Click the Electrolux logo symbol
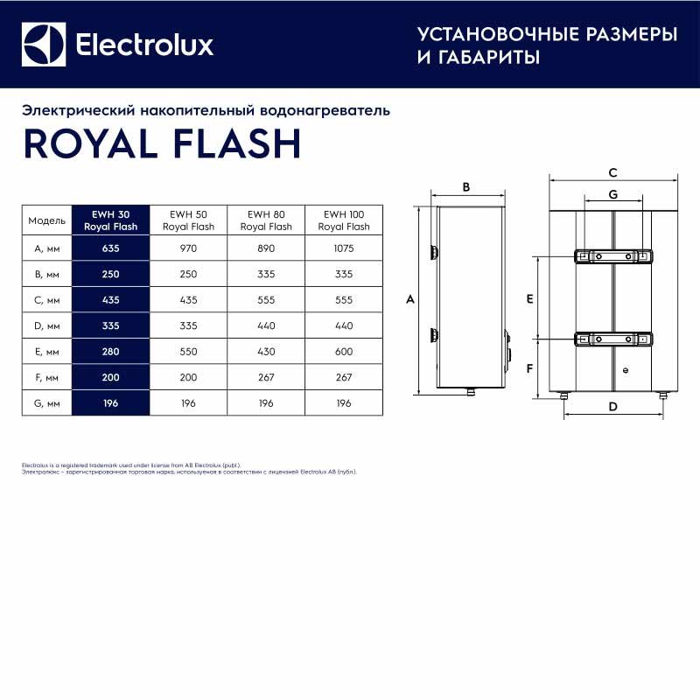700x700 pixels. click(x=45, y=44)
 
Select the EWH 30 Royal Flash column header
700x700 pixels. click(x=111, y=220)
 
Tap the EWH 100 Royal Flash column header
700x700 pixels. click(x=344, y=220)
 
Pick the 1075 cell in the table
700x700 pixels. click(x=344, y=249)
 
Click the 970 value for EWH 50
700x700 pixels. click(x=189, y=249)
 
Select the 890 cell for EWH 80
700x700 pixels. click(x=266, y=249)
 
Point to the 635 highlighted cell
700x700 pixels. click(x=111, y=249)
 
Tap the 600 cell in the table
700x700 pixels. click(x=344, y=352)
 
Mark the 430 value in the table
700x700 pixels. click(x=266, y=352)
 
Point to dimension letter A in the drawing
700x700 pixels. click(x=409, y=299)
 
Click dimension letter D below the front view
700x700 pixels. click(x=612, y=407)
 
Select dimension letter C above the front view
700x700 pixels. click(x=612, y=172)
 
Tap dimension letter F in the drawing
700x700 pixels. click(x=529, y=368)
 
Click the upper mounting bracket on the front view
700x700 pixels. click(x=612, y=255)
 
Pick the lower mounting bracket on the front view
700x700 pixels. click(x=612, y=339)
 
